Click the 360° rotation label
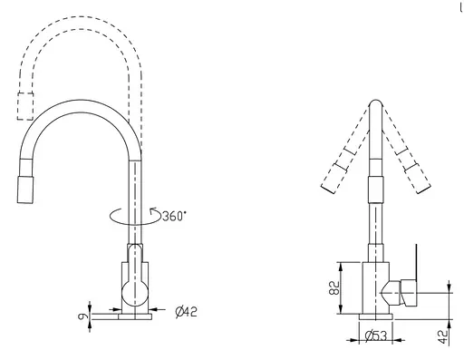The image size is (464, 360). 173,216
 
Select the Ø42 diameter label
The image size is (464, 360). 186,312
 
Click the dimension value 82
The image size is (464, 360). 333,288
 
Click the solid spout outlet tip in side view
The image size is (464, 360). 24,189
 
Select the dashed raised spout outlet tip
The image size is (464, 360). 25,105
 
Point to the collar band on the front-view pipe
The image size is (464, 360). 373,190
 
